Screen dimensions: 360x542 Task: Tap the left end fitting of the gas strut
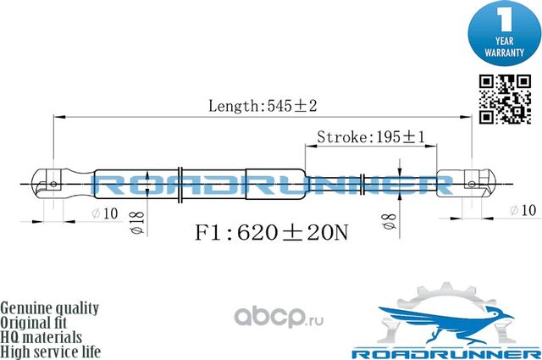coord(56,183)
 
